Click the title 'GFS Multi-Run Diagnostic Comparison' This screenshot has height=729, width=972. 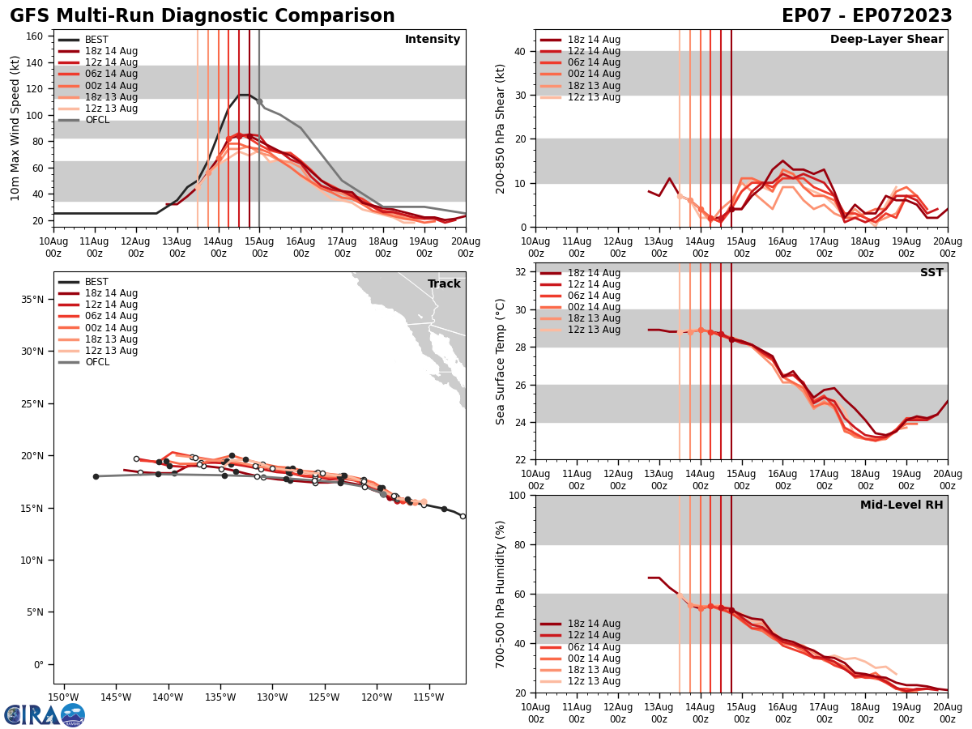pyautogui.click(x=202, y=16)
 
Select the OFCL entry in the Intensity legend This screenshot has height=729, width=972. pyautogui.click(x=97, y=120)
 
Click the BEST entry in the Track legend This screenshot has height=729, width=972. pyautogui.click(x=96, y=282)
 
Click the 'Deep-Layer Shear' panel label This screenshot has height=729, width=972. pyautogui.click(x=886, y=40)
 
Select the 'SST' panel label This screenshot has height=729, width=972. pyautogui.click(x=931, y=273)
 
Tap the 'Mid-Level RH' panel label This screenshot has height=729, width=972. pyautogui.click(x=902, y=505)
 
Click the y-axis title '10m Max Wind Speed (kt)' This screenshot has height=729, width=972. pyautogui.click(x=15, y=128)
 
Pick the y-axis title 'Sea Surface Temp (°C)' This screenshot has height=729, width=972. pyautogui.click(x=501, y=361)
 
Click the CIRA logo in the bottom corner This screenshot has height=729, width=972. pyautogui.click(x=44, y=714)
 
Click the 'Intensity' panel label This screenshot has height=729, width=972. pyautogui.click(x=433, y=40)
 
